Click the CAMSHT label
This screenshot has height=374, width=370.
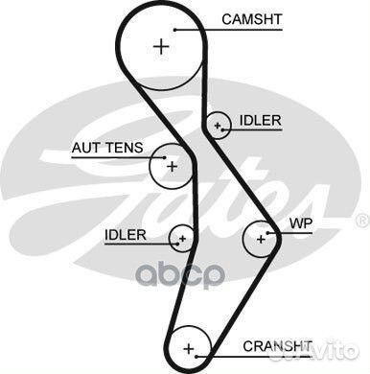[252, 18]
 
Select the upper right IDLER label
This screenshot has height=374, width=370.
[261, 120]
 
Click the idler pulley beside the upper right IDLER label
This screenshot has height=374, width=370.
[219, 125]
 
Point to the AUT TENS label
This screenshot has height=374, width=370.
[106, 148]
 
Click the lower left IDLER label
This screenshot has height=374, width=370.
[126, 234]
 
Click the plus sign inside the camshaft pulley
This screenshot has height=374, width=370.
[161, 45]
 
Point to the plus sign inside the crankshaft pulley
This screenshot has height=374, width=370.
[189, 346]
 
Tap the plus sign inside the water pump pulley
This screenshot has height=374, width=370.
[259, 236]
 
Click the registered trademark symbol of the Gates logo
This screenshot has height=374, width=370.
[362, 221]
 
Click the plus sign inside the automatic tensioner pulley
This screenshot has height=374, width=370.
[172, 166]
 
